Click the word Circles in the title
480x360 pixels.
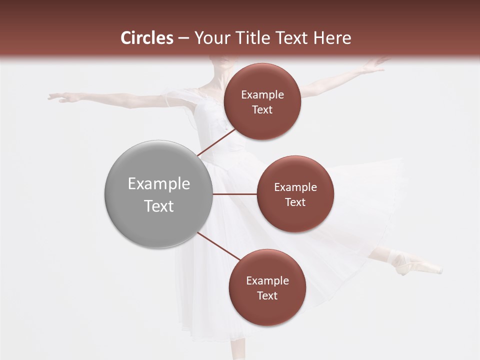coord(147,38)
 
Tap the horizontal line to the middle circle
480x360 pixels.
coord(234,193)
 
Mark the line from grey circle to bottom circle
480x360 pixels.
coord(219,246)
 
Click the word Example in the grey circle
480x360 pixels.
coord(159,184)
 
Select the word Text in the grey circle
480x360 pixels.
coord(159,206)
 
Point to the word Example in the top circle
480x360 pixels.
coord(262,95)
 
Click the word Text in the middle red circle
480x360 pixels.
coord(295,202)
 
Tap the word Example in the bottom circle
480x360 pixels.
coord(267,281)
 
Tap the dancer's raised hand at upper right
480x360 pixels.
coord(375,64)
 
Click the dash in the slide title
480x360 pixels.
coord(183,38)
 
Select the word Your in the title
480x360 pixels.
coord(210,38)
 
